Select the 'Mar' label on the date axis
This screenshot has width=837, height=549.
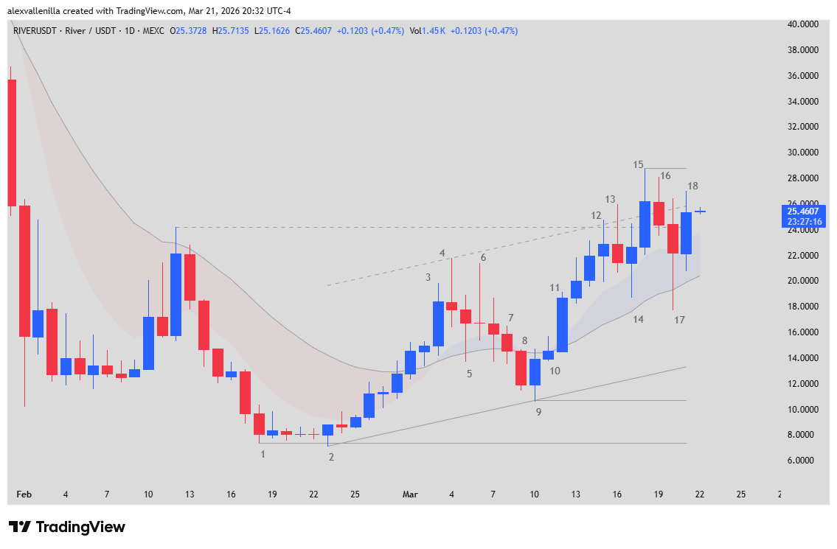410,494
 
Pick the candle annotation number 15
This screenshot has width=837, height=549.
638,164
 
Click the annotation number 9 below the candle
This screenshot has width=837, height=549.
538,412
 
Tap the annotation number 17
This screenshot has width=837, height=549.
679,320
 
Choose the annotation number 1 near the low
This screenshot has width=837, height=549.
263,455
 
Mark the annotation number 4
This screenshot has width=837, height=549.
442,253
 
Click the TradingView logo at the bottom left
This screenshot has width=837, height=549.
66,527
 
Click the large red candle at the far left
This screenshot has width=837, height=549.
12,143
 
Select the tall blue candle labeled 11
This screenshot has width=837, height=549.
562,324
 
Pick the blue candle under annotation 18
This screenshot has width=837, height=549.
686,233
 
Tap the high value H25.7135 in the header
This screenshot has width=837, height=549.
231,31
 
